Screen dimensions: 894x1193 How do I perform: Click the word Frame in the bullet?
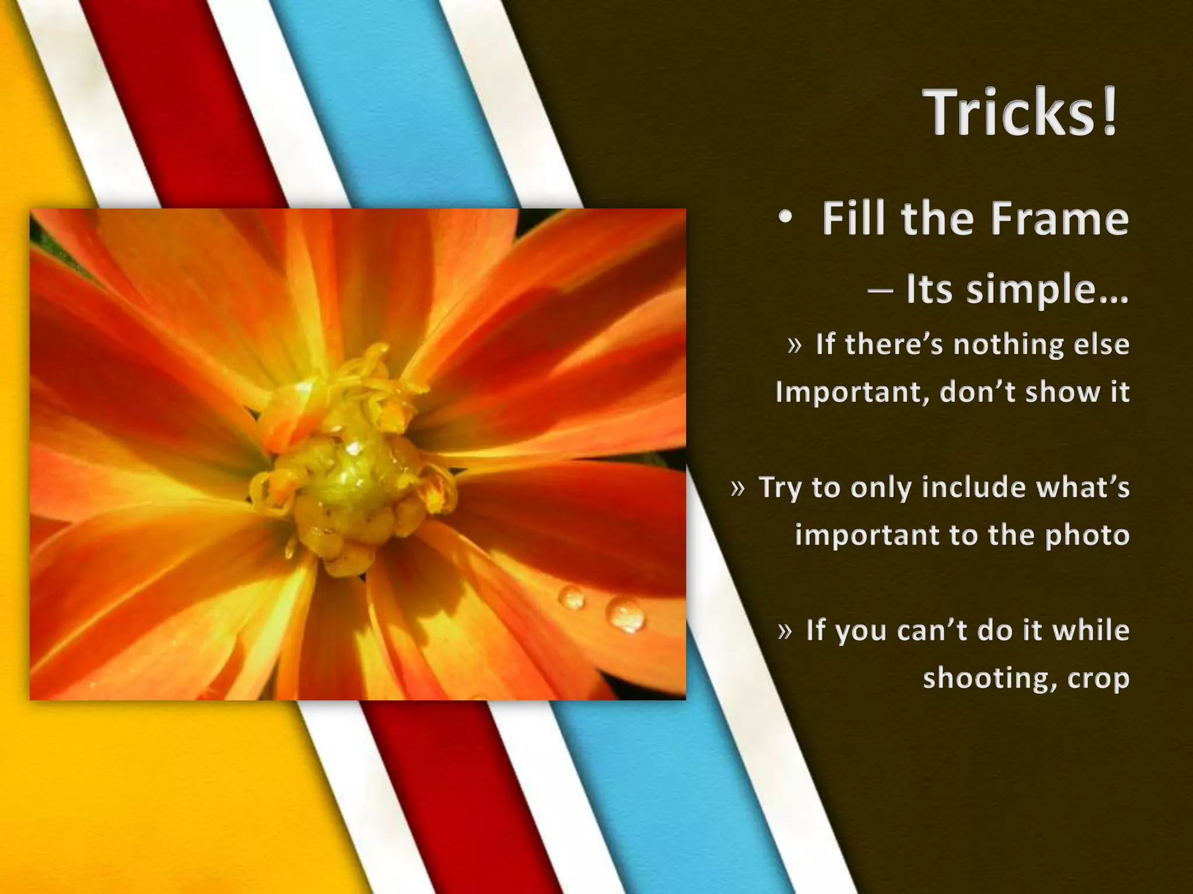pyautogui.click(x=1060, y=218)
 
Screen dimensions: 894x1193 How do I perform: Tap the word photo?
pyautogui.click(x=1087, y=535)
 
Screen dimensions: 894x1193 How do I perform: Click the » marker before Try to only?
pyautogui.click(x=737, y=488)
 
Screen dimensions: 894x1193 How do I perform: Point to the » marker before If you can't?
pyautogui.click(x=785, y=631)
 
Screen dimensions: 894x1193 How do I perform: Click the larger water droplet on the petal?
pyautogui.click(x=626, y=614)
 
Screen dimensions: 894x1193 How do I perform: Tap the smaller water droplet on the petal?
pyautogui.click(x=571, y=597)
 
